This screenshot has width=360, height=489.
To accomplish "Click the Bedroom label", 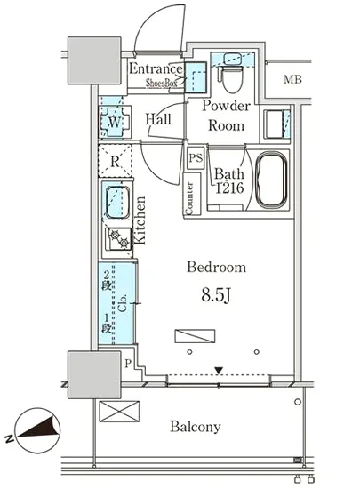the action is coord(216,267).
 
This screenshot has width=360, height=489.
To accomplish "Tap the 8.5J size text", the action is coord(216,294).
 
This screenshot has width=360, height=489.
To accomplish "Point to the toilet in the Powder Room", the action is coord(232,77).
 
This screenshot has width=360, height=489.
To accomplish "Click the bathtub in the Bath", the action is coord(270,180).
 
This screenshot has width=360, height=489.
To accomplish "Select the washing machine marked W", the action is coord(115,122).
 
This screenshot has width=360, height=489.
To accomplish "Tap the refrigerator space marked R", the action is coord(115,161).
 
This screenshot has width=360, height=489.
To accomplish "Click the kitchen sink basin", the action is coord(118,202).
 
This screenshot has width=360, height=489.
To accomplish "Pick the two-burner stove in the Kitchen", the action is coord(119,238).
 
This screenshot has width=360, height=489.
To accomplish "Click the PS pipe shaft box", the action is coord(196,157).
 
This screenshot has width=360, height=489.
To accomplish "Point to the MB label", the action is coord(292,79).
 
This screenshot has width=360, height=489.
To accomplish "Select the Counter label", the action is coord(189,198).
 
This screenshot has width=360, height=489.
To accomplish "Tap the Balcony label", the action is coord(196,426).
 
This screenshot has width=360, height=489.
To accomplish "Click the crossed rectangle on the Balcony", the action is coord(119,412).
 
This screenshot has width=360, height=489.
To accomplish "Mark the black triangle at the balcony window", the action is coord(219,371).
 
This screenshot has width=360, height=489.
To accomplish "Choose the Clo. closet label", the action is coord(123,302).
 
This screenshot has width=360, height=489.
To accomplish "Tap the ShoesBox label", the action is coord(162,83).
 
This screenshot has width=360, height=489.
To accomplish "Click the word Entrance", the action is coord(156,68).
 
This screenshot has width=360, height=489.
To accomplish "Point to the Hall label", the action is coord(158,119).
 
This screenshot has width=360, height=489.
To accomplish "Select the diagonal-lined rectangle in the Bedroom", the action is coord(195,336).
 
